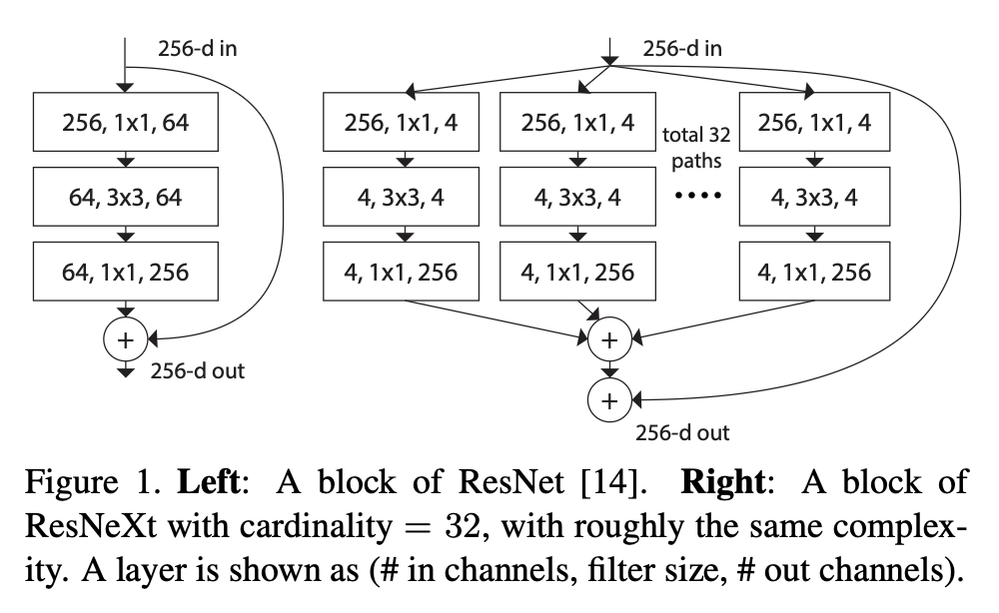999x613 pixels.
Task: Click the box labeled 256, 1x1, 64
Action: click(x=126, y=124)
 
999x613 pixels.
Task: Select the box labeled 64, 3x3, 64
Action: click(x=126, y=198)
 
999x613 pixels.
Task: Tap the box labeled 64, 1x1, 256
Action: click(x=126, y=271)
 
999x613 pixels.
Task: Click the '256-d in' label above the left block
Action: click(x=198, y=48)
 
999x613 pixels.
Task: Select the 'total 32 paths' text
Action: click(x=691, y=146)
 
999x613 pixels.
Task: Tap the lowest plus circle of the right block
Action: click(x=609, y=400)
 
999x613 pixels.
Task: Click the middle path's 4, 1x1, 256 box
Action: click(x=578, y=271)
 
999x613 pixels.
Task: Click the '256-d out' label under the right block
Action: click(x=682, y=433)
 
